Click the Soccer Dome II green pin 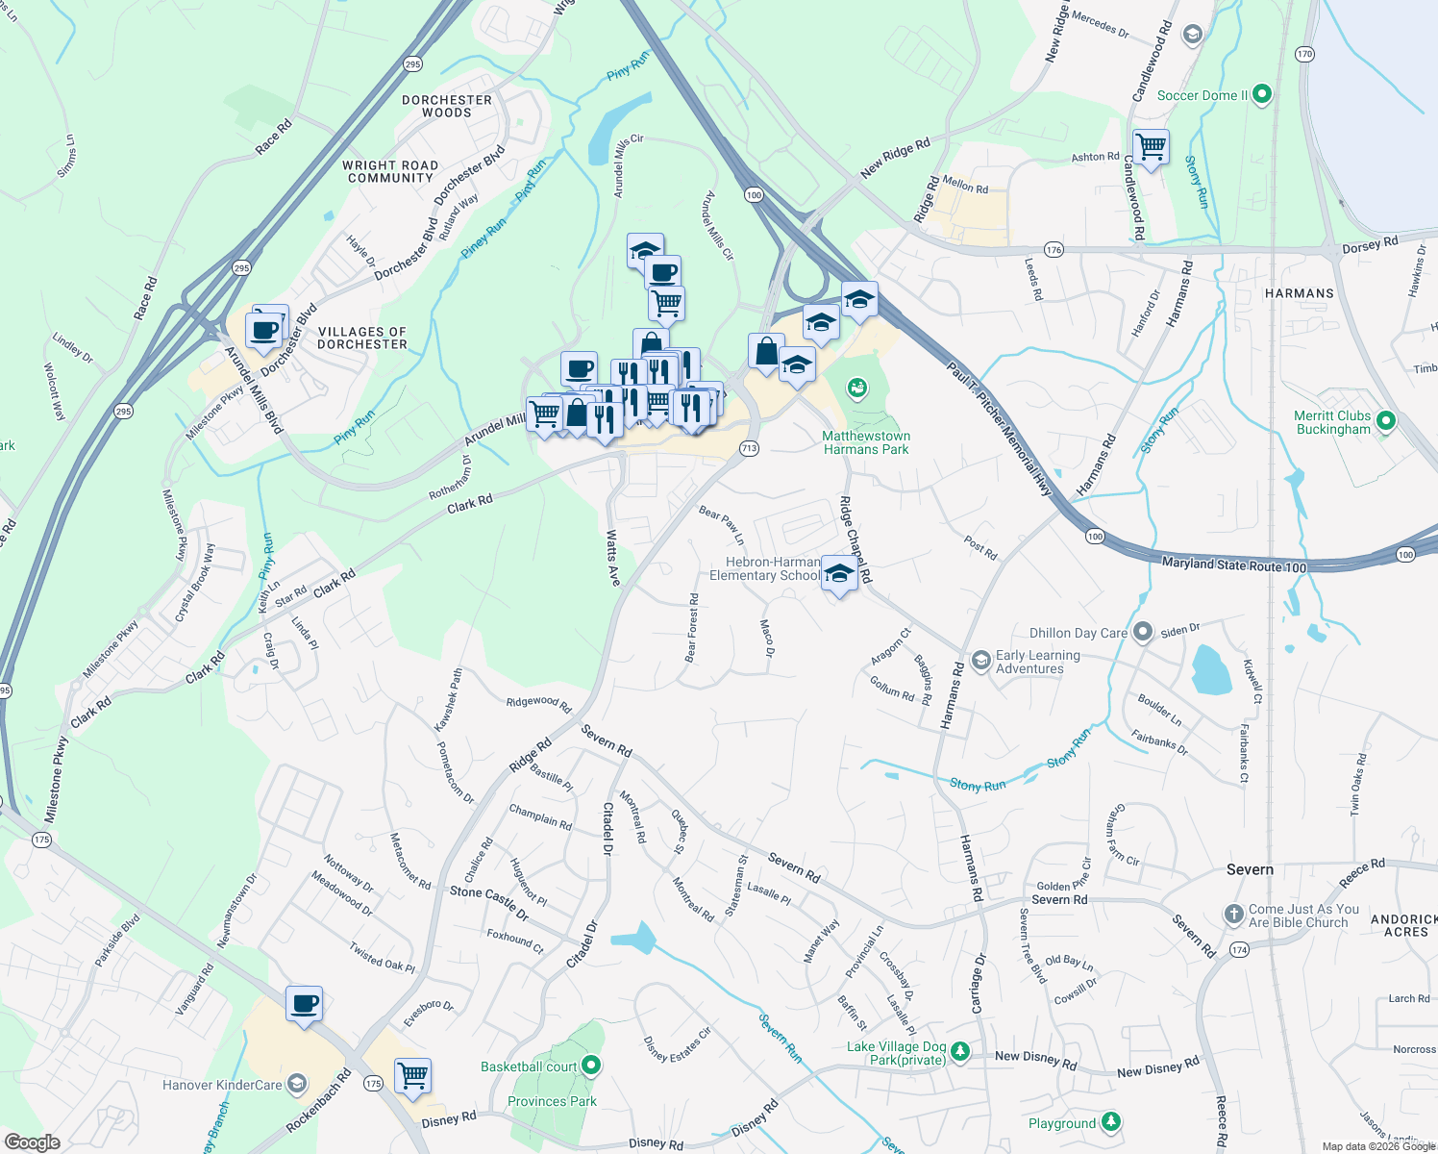coord(1262,94)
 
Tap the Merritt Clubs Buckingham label coord(1332,423)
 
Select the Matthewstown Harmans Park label coord(865,442)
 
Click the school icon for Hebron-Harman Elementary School coord(839,574)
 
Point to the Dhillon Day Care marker coord(1142,632)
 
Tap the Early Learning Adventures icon coord(980,660)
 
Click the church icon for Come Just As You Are coord(1234,915)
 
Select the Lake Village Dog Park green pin coord(959,1053)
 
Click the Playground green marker coord(1110,1122)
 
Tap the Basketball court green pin coord(591,1066)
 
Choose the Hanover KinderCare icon coord(297,1085)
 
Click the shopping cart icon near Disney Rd coord(412,1076)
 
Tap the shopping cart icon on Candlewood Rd coord(1151,147)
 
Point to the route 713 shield coord(749,448)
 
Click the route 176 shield coord(1054,250)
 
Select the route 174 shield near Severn coord(1239,950)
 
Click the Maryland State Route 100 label coord(1233,565)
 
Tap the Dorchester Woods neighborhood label coord(447,106)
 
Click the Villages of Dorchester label coord(362,338)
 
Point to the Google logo coord(32,1141)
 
